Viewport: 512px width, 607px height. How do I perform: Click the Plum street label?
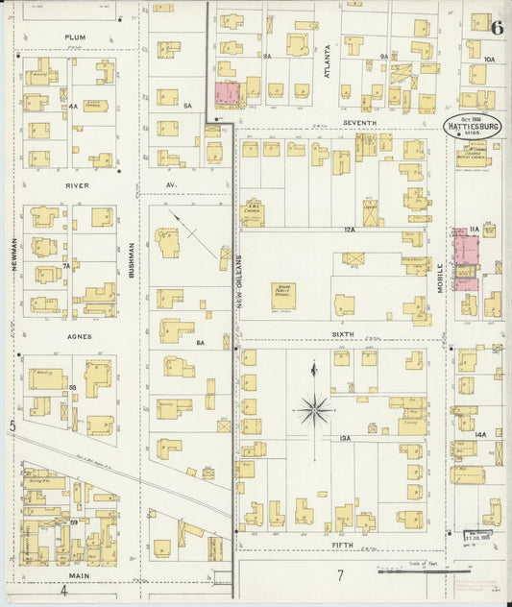click(x=75, y=37)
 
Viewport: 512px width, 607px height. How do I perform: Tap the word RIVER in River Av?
click(x=77, y=184)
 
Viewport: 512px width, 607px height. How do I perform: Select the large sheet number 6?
click(x=496, y=27)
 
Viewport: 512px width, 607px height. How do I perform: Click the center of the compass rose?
click(x=314, y=411)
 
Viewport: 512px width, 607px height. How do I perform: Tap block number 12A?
click(x=346, y=231)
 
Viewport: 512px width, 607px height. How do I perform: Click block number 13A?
click(x=346, y=439)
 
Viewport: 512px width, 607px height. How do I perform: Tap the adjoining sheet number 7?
click(x=339, y=575)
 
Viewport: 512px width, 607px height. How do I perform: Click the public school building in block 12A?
click(x=282, y=295)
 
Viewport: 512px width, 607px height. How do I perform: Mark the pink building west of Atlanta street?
click(x=227, y=94)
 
